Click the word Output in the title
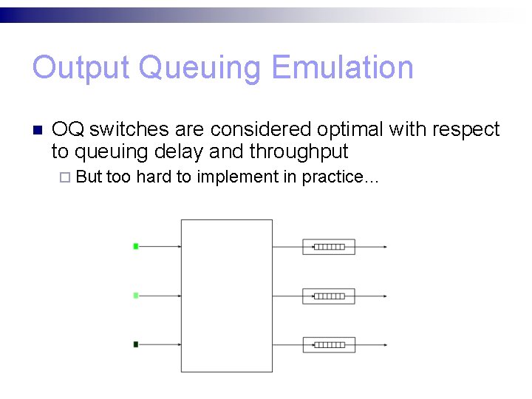81,68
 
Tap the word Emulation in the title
342,68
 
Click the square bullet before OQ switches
37,130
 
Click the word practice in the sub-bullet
334,177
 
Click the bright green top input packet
135,246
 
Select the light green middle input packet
135,296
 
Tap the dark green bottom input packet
135,344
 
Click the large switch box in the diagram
226,296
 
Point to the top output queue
329,247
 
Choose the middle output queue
329,296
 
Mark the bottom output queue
329,344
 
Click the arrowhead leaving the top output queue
383,247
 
